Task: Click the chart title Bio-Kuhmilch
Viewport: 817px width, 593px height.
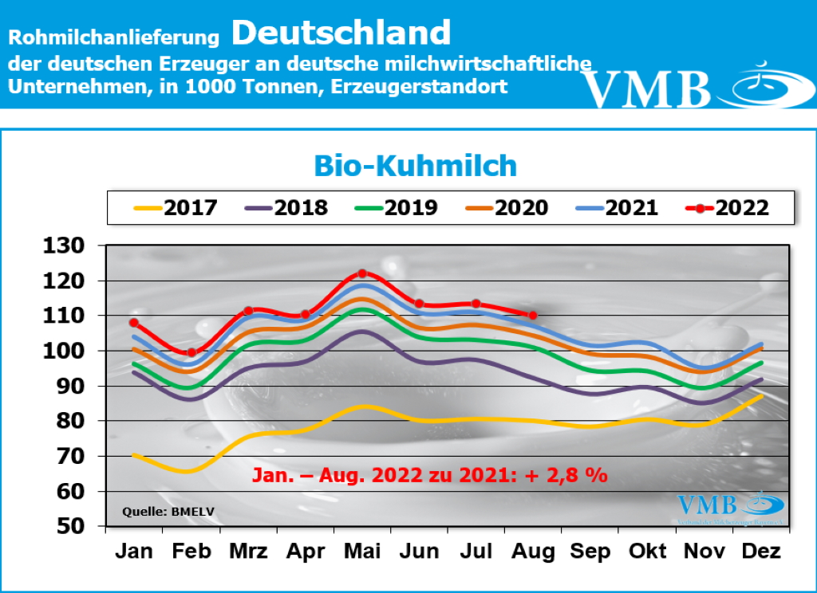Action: coord(415,166)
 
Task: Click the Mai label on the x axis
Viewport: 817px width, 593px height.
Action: coord(362,552)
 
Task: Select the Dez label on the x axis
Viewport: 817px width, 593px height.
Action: coord(760,552)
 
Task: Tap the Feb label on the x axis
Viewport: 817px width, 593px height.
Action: coord(191,552)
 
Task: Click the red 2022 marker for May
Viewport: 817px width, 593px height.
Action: coord(362,273)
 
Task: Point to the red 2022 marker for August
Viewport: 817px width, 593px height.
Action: coord(533,316)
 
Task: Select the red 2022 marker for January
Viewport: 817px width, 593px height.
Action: coord(134,323)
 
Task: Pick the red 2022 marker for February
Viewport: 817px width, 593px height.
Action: coord(191,352)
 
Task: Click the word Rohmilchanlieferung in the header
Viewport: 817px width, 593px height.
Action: coord(114,37)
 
